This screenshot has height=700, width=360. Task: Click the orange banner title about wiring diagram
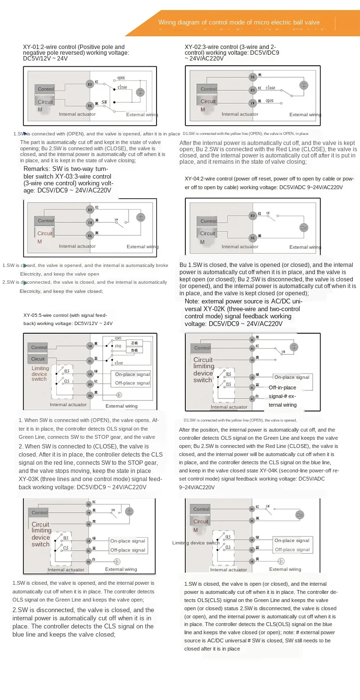pyautogui.click(x=239, y=22)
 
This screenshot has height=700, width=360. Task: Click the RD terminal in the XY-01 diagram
pyautogui.click(x=89, y=84)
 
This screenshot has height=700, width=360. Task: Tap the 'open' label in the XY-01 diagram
pyautogui.click(x=121, y=78)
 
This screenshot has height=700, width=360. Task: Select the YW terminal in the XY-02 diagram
pyautogui.click(x=252, y=102)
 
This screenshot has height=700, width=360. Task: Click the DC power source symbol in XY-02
pyautogui.click(x=303, y=85)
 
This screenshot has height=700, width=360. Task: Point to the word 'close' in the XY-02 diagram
pyautogui.click(x=271, y=88)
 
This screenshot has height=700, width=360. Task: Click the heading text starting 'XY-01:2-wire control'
pyautogui.click(x=74, y=47)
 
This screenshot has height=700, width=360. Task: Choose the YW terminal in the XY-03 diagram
pyautogui.click(x=89, y=222)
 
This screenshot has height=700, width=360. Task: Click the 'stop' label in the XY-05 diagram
pyautogui.click(x=118, y=345)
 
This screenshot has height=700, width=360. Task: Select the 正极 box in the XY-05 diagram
pyautogui.click(x=134, y=343)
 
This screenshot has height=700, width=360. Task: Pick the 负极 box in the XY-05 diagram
pyautogui.click(x=134, y=351)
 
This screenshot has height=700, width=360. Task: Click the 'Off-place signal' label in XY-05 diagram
pyautogui.click(x=132, y=383)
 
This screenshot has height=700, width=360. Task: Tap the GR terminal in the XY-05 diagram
pyautogui.click(x=90, y=374)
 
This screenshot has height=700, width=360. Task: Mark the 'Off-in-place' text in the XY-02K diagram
pyautogui.click(x=282, y=387)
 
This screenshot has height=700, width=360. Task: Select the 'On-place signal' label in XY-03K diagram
pyautogui.click(x=128, y=541)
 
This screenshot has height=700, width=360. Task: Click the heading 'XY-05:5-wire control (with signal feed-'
pyautogui.click(x=68, y=315)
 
